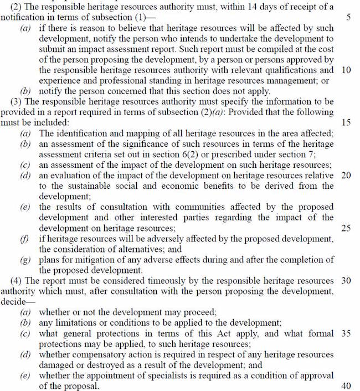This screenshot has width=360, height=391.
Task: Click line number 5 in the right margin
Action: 348,18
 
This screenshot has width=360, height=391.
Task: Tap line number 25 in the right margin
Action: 346,228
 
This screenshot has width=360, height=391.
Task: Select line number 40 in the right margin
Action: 346,385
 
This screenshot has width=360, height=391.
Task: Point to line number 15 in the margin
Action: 346,122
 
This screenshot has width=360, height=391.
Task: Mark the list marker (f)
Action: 25,238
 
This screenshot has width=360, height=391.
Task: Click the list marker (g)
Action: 25,259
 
